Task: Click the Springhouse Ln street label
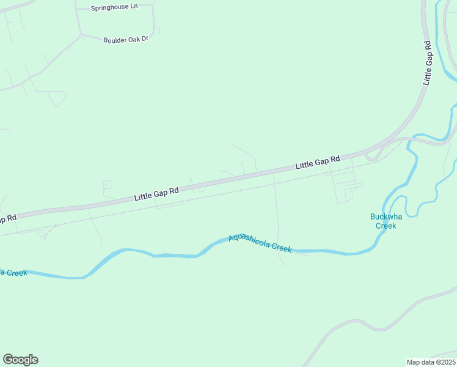pyautogui.click(x=114, y=8)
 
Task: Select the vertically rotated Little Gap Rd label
pyautogui.click(x=428, y=62)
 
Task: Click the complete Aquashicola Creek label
pyautogui.click(x=260, y=243)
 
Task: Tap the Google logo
pyautogui.click(x=21, y=360)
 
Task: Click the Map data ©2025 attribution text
pyautogui.click(x=431, y=361)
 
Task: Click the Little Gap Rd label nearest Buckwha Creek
pyautogui.click(x=318, y=163)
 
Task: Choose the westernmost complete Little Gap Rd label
pyautogui.click(x=156, y=194)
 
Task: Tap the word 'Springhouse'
pyautogui.click(x=110, y=8)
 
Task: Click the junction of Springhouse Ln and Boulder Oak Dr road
pyautogui.click(x=80, y=34)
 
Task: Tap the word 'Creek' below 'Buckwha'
pyautogui.click(x=386, y=226)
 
